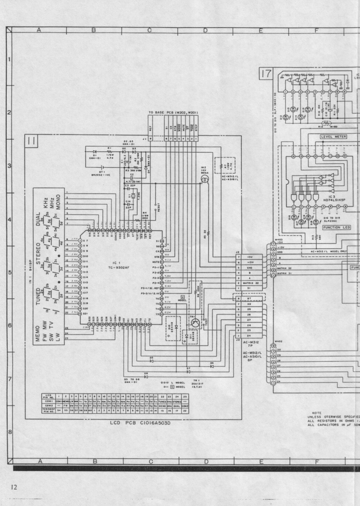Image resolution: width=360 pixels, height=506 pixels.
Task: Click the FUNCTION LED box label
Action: pos(326,228)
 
